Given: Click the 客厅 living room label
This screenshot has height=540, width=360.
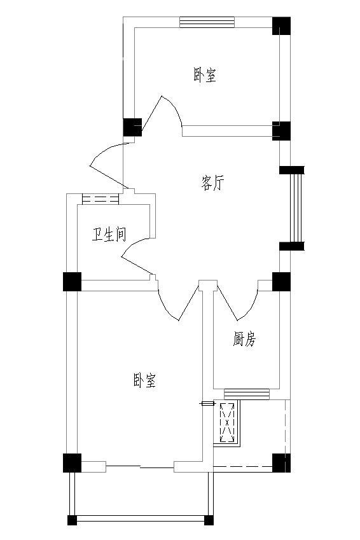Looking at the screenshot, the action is click(212, 183).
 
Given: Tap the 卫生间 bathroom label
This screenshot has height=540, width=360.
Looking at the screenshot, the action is click(109, 234).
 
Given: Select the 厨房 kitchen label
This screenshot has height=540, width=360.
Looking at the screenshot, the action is click(244, 339).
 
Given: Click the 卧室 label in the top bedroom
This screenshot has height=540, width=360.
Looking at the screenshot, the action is click(205, 74).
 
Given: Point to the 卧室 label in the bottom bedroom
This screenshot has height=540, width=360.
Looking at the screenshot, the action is click(144, 380).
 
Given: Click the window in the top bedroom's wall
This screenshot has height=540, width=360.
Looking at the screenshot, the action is click(207, 22).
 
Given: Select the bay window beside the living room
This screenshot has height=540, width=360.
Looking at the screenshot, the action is click(296, 209).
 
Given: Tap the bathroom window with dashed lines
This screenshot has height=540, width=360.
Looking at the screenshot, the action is click(100, 199).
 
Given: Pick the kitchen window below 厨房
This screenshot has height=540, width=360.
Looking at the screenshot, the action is click(247, 394).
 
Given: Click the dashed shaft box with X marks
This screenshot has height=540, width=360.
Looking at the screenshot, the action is click(227, 422).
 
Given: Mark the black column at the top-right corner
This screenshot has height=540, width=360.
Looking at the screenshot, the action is click(282, 26).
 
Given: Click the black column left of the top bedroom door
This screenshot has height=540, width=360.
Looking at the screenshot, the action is click(133, 127).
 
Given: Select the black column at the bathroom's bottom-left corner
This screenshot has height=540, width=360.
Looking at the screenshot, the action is click(72, 281).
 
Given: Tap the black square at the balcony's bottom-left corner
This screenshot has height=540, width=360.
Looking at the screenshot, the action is click(72, 520).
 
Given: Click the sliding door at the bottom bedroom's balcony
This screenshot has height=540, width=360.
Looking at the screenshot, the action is click(139, 467).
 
